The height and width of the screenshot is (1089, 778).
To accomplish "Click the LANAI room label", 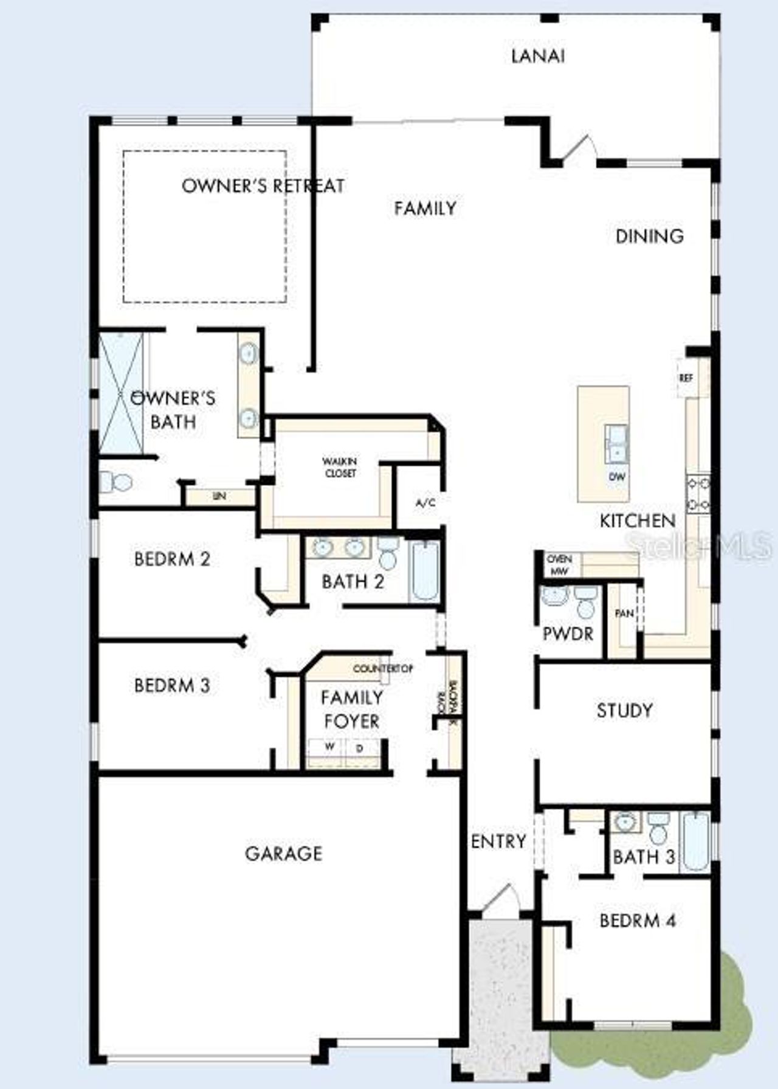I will tap(538, 56).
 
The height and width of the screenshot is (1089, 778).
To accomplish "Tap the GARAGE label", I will tap(283, 854).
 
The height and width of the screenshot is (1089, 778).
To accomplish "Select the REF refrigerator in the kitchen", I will tap(686, 378).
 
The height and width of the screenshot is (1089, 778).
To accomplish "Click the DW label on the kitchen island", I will tap(616, 477).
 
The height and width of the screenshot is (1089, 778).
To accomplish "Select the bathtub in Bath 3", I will tap(695, 842).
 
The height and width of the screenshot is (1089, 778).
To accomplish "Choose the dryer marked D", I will tap(360, 748).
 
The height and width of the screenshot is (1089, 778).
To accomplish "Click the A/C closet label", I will tap(425, 503).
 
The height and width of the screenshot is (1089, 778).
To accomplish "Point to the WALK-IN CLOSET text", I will tap(340, 467).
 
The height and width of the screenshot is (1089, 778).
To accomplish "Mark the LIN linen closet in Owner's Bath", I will tap(219, 496).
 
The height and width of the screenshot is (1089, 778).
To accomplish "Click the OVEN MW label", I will tap(559, 565).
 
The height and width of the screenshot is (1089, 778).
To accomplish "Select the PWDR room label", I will tap(568, 634).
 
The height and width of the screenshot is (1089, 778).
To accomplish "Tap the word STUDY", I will tap(624, 710).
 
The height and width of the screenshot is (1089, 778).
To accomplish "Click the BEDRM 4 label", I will tap(637, 921).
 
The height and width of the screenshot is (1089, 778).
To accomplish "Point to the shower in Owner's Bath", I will tap(122, 392).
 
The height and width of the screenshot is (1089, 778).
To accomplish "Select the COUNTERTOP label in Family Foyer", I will tap(383, 668).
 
